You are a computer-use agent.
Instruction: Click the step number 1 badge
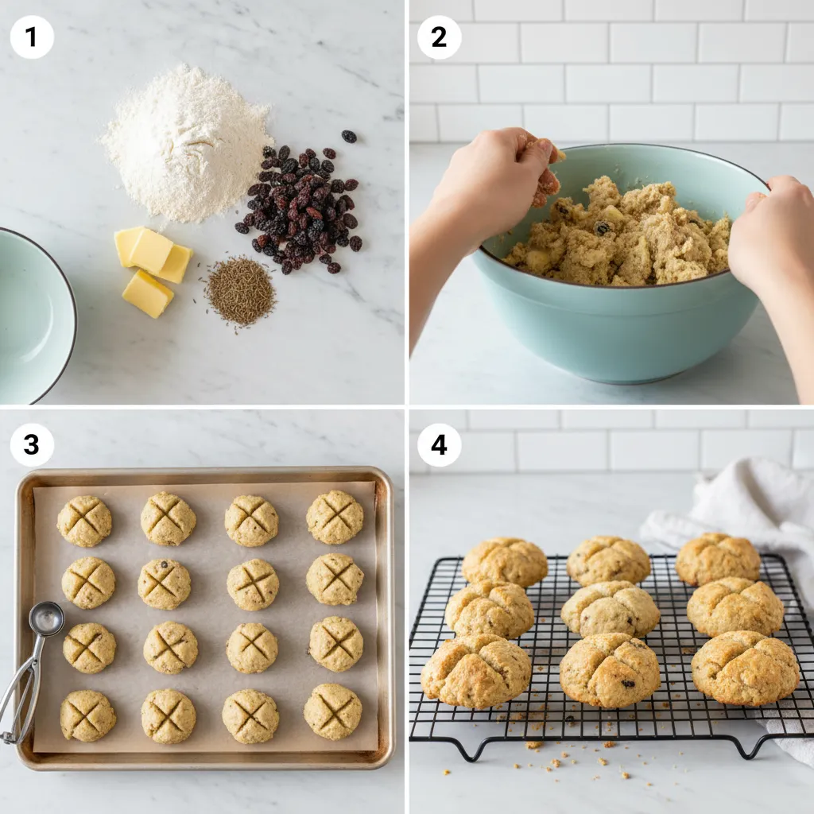pyautogui.click(x=32, y=37)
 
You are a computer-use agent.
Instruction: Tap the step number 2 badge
pyautogui.click(x=439, y=37)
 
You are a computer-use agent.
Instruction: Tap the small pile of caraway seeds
pyautogui.click(x=240, y=291)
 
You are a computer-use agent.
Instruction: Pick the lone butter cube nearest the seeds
pyautogui.click(x=147, y=293)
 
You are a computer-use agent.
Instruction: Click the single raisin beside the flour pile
pyautogui.click(x=348, y=136)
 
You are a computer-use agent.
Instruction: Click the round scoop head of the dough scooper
pyautogui.click(x=46, y=618)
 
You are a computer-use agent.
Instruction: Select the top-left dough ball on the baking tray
pyautogui.click(x=84, y=521)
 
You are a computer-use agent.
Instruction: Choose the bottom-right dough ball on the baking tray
pyautogui.click(x=332, y=711)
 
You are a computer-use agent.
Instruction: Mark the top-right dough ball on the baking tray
pyautogui.click(x=335, y=517)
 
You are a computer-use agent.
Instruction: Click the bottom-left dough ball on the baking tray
pyautogui.click(x=87, y=715)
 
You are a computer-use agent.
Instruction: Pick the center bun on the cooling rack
pyautogui.click(x=610, y=608)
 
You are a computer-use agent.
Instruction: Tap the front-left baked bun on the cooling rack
pyautogui.click(x=475, y=670)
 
